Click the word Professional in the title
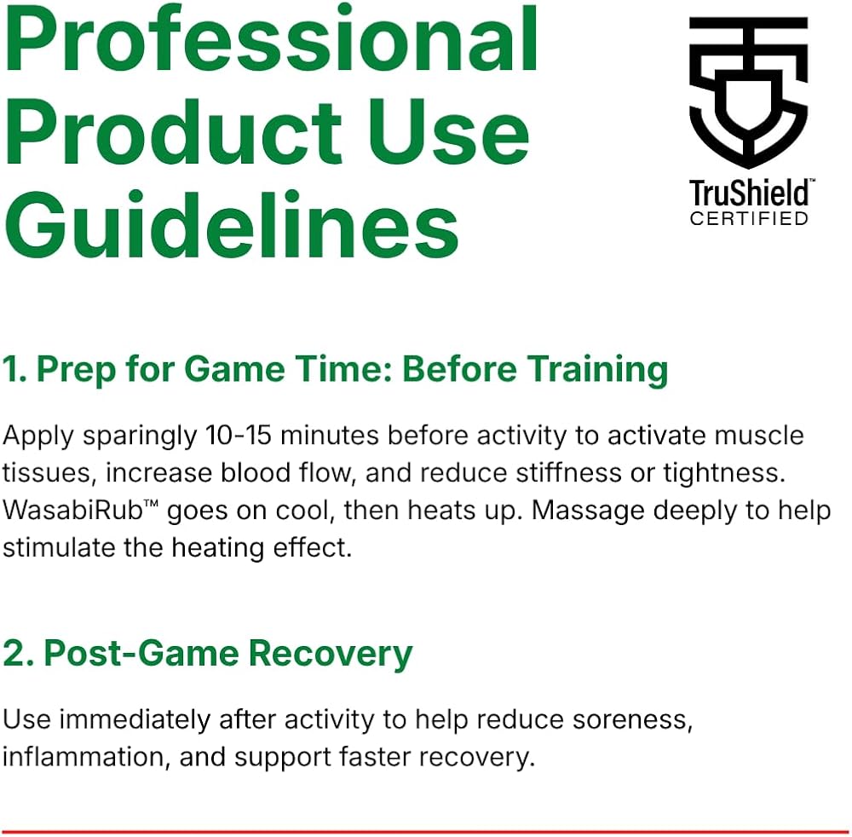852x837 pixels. click(271, 38)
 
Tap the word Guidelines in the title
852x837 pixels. click(232, 225)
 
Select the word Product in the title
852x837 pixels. click(173, 131)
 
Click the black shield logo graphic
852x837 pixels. click(748, 92)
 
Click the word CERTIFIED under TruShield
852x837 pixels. click(749, 218)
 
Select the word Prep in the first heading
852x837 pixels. click(76, 371)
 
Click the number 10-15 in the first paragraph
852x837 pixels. click(239, 435)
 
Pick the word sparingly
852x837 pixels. click(140, 437)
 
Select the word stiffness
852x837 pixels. click(568, 472)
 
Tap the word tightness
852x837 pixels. click(724, 474)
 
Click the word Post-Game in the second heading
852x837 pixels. click(141, 653)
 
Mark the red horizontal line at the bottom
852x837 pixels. click(426, 833)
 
